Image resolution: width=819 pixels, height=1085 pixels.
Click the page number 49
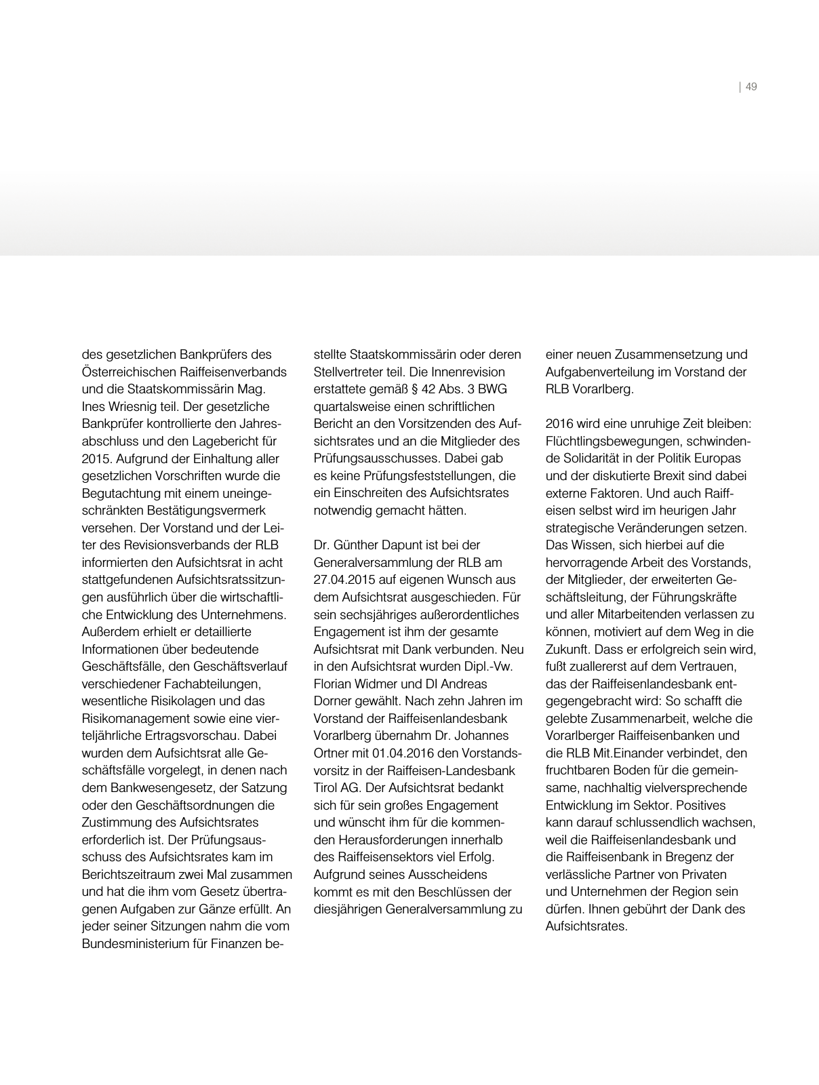pos(751,87)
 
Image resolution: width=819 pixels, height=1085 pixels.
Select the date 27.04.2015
pos(346,580)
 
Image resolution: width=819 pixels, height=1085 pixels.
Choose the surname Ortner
pos(332,753)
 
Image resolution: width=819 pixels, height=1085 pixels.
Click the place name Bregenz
pos(679,856)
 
